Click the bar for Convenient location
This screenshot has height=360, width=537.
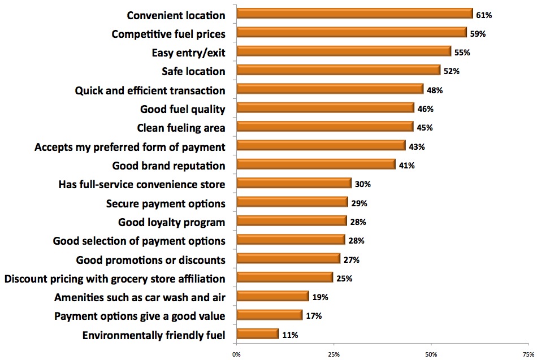[x=354, y=14]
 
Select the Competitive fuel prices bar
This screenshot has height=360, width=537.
[x=352, y=32]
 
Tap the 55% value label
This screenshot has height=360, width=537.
[x=462, y=52]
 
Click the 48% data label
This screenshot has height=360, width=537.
[x=434, y=90]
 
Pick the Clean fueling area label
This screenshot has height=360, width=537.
[x=181, y=128]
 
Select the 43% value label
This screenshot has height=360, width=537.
[x=417, y=146]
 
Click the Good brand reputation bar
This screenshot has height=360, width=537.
[x=315, y=164]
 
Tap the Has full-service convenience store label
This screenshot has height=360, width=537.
[x=142, y=184]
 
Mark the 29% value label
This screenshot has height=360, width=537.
[x=359, y=203]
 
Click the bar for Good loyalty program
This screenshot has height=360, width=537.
[x=292, y=221]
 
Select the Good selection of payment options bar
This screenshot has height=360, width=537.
[x=291, y=240]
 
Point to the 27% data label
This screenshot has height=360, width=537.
[x=351, y=260]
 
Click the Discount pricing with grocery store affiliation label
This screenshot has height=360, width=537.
[x=115, y=279]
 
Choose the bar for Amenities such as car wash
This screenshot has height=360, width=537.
[x=272, y=296]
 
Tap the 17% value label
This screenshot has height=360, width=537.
[x=313, y=316]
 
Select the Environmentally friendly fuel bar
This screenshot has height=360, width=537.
[x=258, y=334]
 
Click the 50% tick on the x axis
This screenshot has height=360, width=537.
[x=431, y=354]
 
